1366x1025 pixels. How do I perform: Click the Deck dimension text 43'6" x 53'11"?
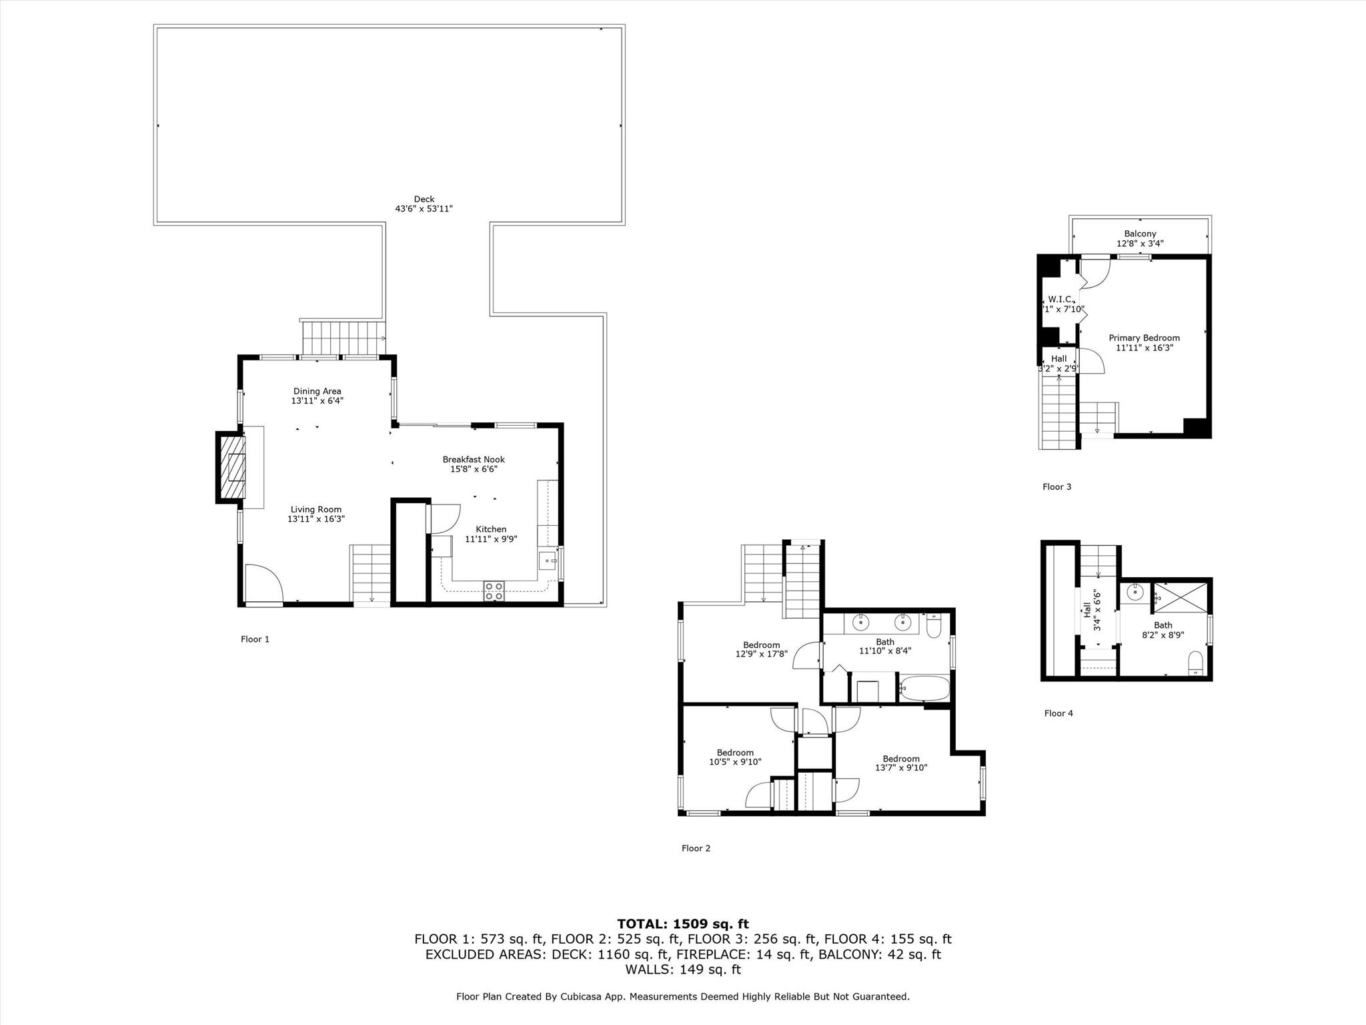424,209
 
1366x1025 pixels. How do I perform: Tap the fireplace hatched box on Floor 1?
231,467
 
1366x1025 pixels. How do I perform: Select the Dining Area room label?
317,392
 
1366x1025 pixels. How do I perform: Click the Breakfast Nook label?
474,460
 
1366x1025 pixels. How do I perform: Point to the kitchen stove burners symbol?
494,591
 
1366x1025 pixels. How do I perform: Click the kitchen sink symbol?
548,560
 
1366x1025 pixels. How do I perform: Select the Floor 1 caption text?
255,639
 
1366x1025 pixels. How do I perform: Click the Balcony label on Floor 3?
1140,234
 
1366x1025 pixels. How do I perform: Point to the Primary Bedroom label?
1144,338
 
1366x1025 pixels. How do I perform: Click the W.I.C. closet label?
1059,299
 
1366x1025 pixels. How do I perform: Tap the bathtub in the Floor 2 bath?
923,688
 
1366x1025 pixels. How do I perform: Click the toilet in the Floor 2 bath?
934,626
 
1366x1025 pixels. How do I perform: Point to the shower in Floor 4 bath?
1181,597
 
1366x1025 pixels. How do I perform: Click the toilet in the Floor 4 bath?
1196,663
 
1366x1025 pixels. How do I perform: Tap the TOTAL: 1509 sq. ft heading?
682,924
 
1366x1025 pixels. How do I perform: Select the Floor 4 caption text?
1059,713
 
